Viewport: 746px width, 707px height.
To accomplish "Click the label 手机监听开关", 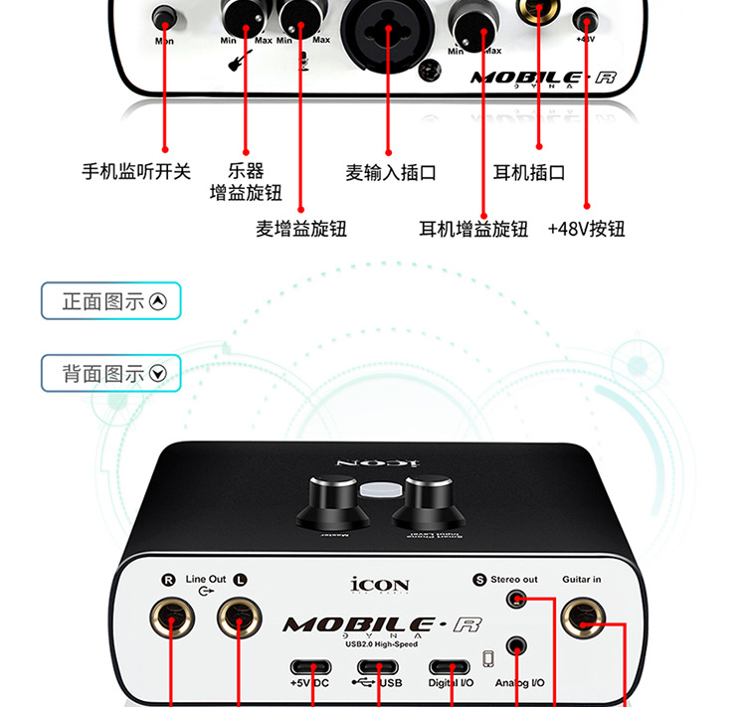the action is [x=135, y=172].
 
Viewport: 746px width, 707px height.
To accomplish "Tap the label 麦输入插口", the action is [x=390, y=172].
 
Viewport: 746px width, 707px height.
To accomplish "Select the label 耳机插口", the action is [x=529, y=172].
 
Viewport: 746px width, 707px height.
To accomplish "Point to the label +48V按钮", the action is [x=586, y=229].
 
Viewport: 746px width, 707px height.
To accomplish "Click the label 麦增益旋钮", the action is [x=300, y=229].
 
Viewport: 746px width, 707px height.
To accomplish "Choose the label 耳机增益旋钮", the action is [x=472, y=229].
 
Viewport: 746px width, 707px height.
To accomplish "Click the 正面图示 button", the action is [x=111, y=301].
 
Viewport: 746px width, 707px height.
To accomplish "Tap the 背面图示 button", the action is [x=111, y=373].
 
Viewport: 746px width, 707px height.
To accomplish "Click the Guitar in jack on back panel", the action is [x=581, y=621].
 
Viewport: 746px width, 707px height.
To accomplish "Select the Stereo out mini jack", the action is [x=515, y=599].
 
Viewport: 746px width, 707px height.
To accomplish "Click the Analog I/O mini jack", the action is [x=515, y=646].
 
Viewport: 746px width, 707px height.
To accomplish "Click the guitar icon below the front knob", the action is [x=240, y=63].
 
